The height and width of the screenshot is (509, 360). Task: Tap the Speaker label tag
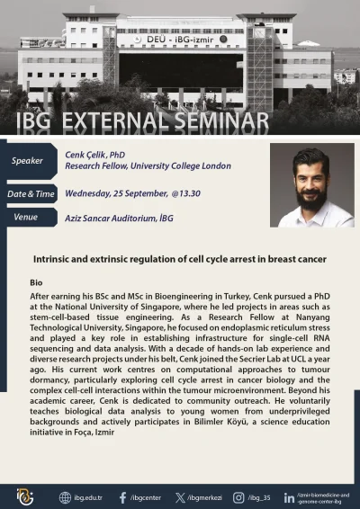tap(27, 161)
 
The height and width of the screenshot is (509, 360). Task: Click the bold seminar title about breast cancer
tap(180, 259)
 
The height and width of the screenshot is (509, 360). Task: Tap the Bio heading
tap(36, 282)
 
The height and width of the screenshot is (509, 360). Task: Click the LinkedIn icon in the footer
tap(288, 497)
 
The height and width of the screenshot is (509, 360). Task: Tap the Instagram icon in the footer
tap(238, 497)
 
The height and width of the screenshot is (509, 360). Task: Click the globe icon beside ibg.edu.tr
tap(65, 497)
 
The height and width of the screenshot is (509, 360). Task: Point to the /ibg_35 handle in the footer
tap(259, 497)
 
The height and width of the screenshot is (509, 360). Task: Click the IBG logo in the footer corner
tap(24, 496)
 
